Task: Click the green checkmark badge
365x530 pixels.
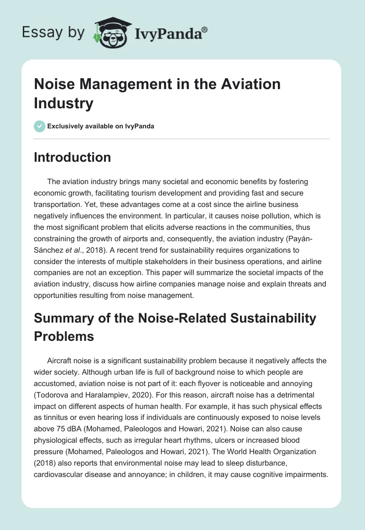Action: [40, 126]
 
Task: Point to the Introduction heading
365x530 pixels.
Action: [72, 158]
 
